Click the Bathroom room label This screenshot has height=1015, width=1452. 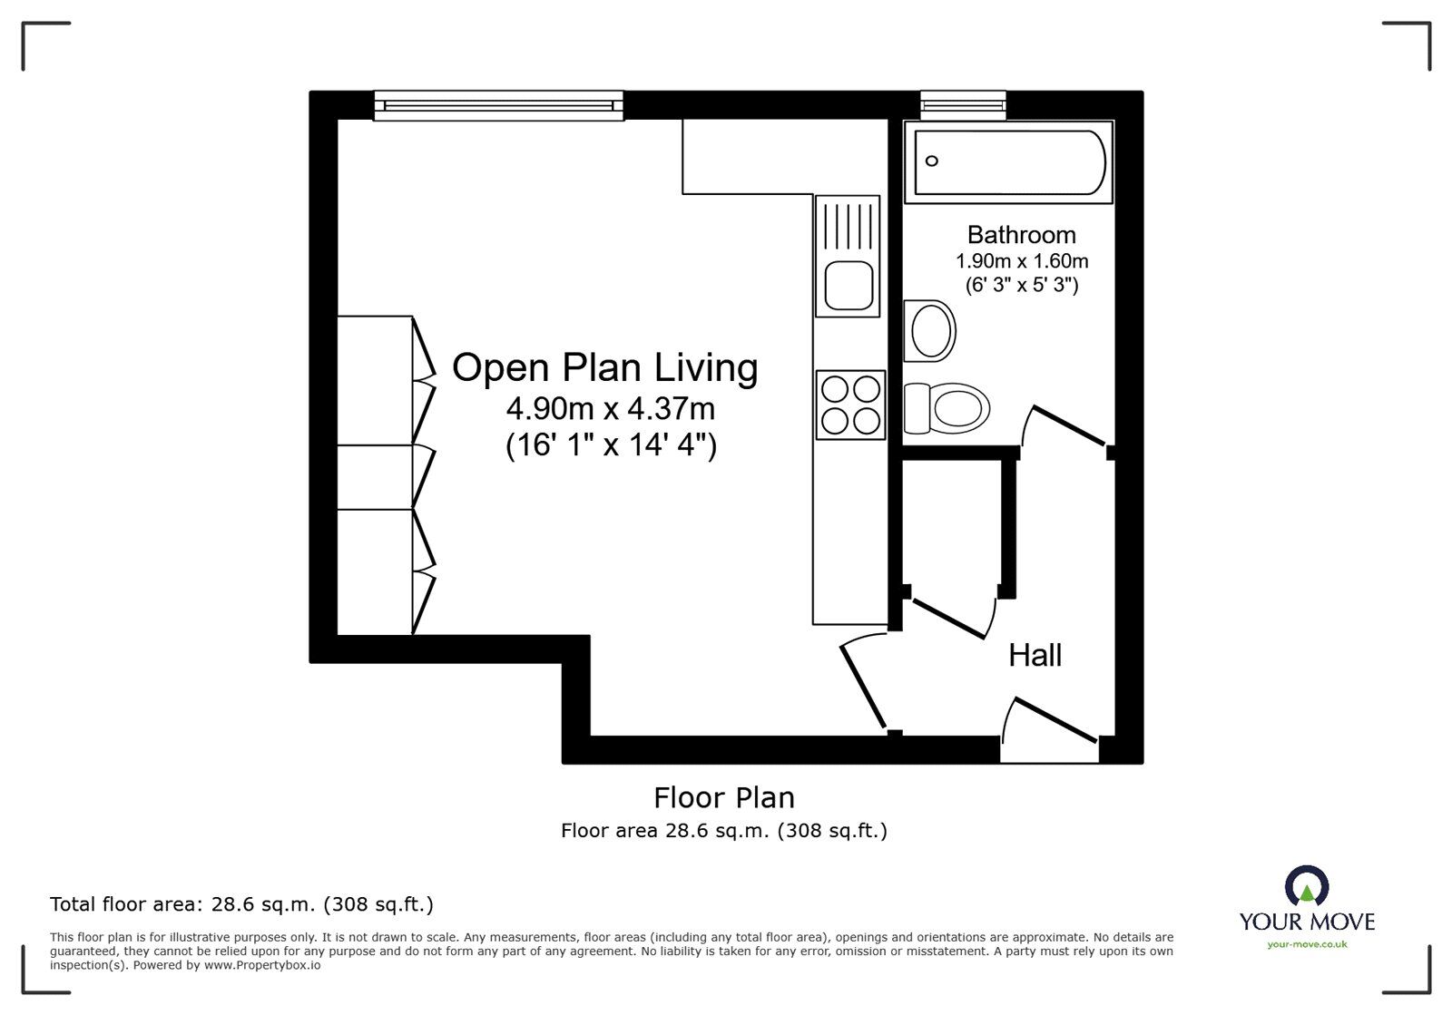1021,235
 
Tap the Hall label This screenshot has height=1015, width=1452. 1035,655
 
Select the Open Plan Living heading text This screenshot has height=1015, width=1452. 604,368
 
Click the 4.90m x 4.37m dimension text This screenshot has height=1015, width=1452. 611,410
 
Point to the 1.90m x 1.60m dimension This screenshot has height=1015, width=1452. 1021,261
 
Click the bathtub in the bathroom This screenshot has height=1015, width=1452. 1008,162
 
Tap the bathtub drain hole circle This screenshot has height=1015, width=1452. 931,161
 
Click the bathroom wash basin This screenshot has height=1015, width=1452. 931,331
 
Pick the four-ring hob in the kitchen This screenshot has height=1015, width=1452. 850,405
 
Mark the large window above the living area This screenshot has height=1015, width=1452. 498,105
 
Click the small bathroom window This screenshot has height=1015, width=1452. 963,105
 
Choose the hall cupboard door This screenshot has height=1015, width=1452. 949,617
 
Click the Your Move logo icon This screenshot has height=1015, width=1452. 1307,887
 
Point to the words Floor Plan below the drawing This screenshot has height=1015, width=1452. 724,798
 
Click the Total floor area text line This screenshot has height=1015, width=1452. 241,904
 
